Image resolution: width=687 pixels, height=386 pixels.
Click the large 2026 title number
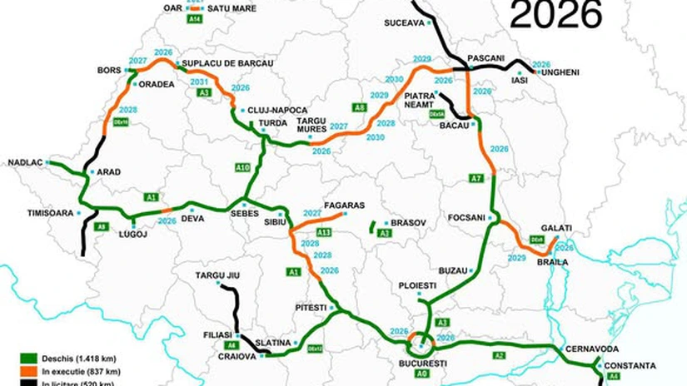(x=555, y=14)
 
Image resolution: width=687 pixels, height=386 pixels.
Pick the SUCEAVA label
(x=405, y=23)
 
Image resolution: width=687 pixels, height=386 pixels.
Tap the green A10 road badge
(x=241, y=169)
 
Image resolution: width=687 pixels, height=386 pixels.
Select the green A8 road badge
(x=359, y=108)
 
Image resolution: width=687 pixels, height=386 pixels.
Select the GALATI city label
(x=555, y=228)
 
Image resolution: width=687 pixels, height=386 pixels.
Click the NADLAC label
(x=25, y=162)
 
